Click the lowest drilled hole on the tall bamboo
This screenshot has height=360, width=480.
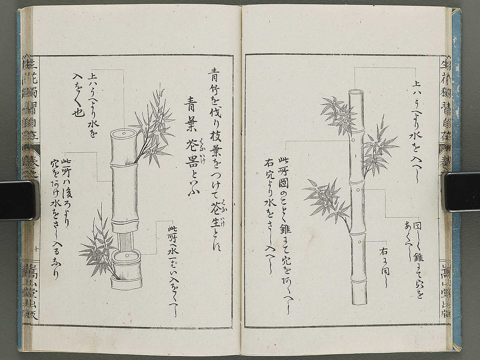click(359, 242)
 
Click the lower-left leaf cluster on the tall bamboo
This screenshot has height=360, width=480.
click(327, 200)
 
